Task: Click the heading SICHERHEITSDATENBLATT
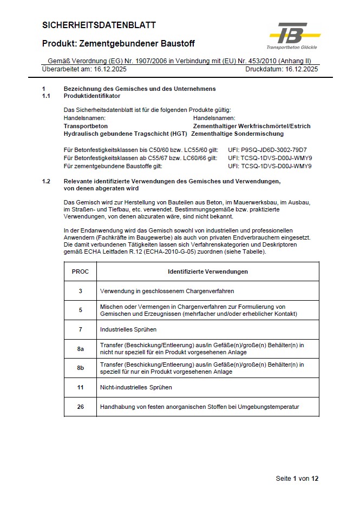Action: coord(99,25)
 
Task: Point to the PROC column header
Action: coord(80,271)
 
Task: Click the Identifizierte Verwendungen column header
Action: coord(208,271)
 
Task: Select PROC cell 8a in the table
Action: coord(80,348)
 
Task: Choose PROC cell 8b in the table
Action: coord(80,368)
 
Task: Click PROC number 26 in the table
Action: coord(80,407)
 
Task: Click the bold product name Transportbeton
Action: coord(86,126)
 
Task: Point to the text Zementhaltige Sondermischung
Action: coord(238,134)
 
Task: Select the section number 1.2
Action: coord(46,181)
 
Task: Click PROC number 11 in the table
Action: coord(80,388)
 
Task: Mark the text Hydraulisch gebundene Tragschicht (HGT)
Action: coord(125,134)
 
